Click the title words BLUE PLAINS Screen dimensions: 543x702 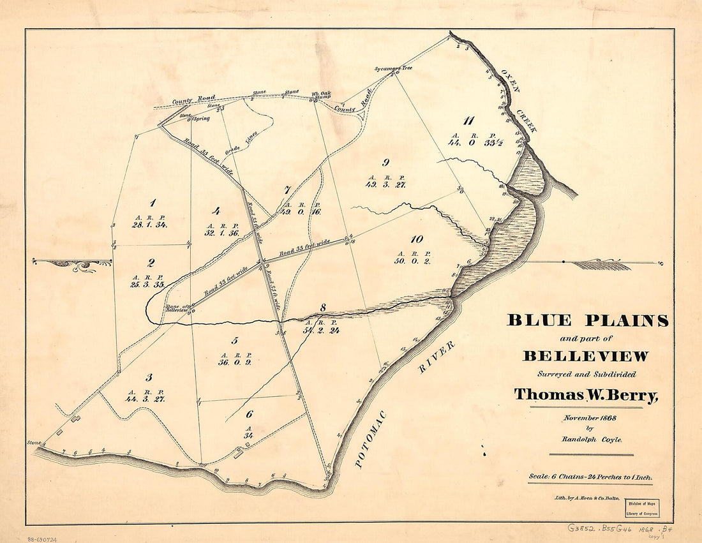pyautogui.click(x=587, y=320)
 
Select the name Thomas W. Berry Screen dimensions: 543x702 pyautogui.click(x=586, y=396)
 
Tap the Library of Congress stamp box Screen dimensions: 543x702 pyautogui.click(x=641, y=508)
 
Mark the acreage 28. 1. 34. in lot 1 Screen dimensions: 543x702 pyautogui.click(x=149, y=225)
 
